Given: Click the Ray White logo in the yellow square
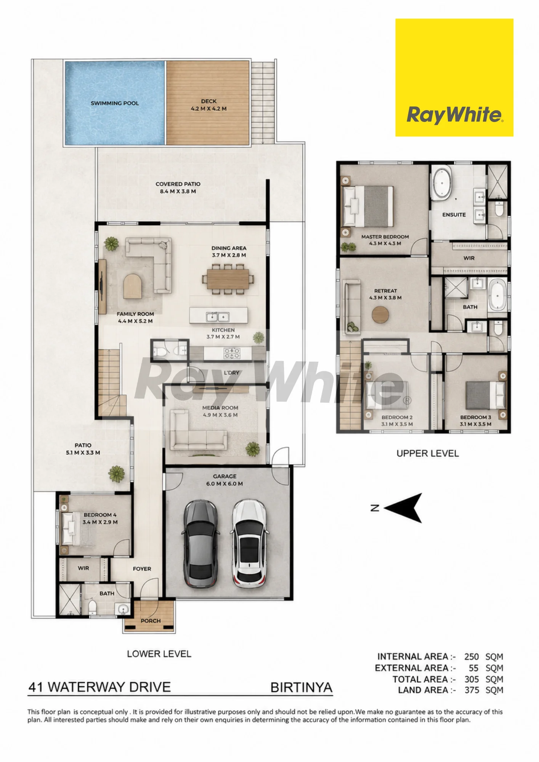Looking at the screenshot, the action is [x=455, y=115].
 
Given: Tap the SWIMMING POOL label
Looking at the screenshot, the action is [x=115, y=103].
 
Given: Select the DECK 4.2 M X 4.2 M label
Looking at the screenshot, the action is [x=209, y=105].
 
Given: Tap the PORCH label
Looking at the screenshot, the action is [x=151, y=621].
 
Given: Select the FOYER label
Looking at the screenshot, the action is [x=142, y=569].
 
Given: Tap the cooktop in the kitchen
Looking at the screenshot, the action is [x=232, y=353].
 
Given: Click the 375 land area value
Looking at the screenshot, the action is [x=472, y=690].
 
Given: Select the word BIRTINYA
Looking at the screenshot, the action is [x=301, y=687].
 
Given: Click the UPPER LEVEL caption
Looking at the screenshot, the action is [x=428, y=453].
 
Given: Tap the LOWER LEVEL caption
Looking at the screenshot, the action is [x=159, y=654].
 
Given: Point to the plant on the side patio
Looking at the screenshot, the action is [x=116, y=474].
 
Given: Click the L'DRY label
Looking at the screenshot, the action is [x=231, y=373].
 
